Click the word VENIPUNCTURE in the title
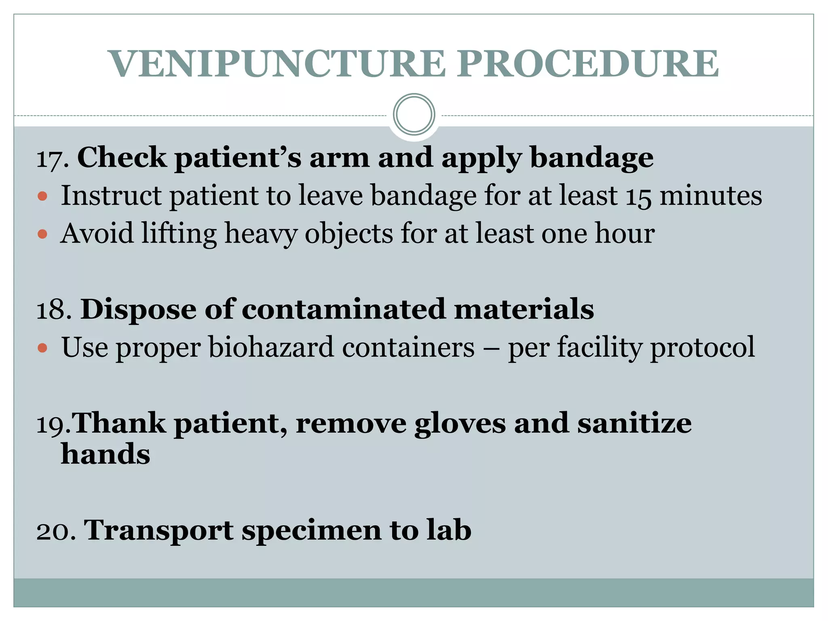point(278,64)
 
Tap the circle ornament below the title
point(414,115)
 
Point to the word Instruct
point(111,196)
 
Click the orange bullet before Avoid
point(42,234)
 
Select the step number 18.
point(54,310)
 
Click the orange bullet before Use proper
point(42,348)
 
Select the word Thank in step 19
point(119,424)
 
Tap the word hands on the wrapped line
point(106,454)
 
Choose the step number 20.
point(56,531)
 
